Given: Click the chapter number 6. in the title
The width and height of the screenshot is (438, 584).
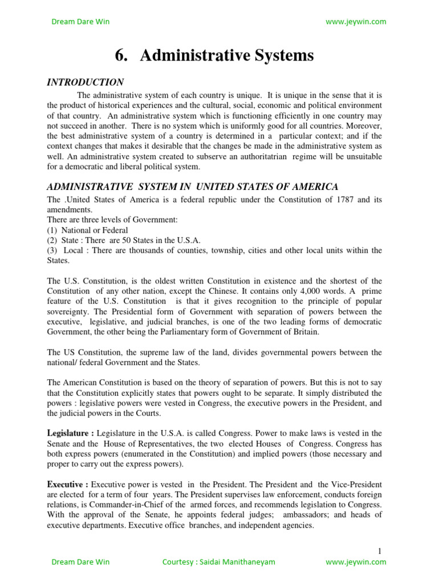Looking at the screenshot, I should [x=121, y=56].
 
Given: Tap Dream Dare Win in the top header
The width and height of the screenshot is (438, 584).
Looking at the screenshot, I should [x=80, y=22].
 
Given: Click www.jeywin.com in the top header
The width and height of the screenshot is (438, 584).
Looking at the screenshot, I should [x=355, y=22].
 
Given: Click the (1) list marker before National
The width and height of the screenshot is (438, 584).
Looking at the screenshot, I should [x=53, y=230].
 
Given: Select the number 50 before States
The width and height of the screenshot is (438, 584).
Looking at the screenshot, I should [x=139, y=240].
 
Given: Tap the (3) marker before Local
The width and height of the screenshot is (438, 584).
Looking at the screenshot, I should [x=53, y=250].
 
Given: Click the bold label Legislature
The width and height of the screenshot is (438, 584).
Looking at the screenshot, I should [x=70, y=433].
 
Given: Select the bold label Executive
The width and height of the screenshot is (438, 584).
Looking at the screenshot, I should [x=66, y=484].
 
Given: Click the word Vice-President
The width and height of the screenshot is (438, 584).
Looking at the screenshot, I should [x=358, y=484].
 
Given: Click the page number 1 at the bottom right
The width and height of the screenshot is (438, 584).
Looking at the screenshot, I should [x=379, y=551].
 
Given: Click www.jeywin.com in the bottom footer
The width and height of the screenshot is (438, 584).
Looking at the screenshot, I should [x=355, y=562].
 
